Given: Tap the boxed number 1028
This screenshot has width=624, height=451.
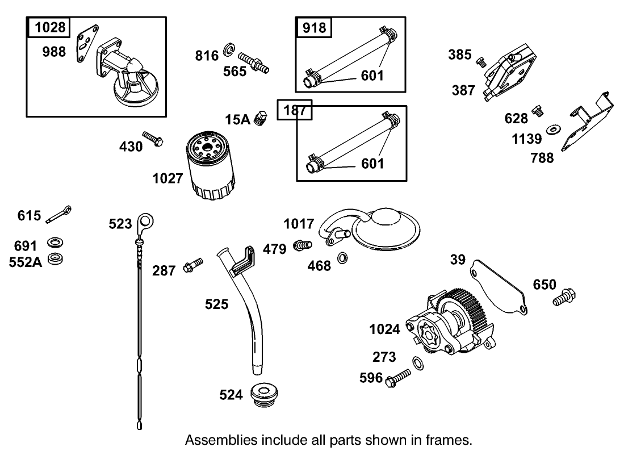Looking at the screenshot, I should click(49, 27).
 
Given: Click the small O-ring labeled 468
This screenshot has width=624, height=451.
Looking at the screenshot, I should click(343, 258).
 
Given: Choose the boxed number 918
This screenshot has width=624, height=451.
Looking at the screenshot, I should click(314, 27).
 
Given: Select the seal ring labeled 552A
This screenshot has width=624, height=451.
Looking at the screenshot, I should click(56, 260).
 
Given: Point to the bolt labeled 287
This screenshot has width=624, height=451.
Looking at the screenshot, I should click(193, 265).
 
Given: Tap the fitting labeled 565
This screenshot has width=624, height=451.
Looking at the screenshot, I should click(253, 62).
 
